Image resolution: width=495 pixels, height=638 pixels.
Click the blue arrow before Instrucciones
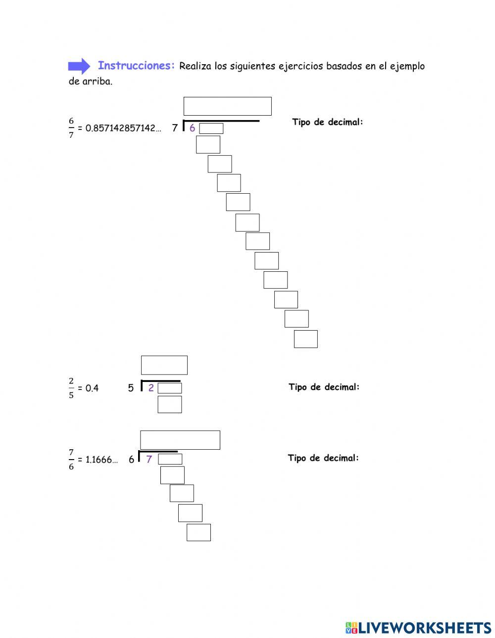pyautogui.click(x=79, y=66)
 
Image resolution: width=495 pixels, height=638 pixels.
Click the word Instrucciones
pyautogui.click(x=137, y=65)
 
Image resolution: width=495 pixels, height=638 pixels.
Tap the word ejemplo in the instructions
pyautogui.click(x=407, y=67)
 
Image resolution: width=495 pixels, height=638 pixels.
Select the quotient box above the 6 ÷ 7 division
pyautogui.click(x=228, y=106)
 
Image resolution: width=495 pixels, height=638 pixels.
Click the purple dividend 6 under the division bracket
pyautogui.click(x=192, y=128)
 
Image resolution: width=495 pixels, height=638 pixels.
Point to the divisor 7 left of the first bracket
pyautogui.click(x=175, y=128)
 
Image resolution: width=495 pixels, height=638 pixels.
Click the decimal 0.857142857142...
pyautogui.click(x=123, y=128)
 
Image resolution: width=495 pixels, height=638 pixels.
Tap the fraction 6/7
pyautogui.click(x=71, y=128)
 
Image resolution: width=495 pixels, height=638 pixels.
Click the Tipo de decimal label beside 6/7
pyautogui.click(x=328, y=122)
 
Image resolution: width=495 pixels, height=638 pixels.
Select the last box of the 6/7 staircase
pyautogui.click(x=306, y=339)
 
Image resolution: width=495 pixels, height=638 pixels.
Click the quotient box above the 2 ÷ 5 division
pyautogui.click(x=164, y=365)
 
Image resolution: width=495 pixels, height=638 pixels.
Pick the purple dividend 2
pyautogui.click(x=151, y=388)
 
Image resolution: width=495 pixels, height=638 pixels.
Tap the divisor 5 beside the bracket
pyautogui.click(x=131, y=388)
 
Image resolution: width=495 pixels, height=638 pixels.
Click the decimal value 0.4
pyautogui.click(x=92, y=388)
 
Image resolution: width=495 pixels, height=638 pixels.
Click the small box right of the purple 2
pyautogui.click(x=170, y=388)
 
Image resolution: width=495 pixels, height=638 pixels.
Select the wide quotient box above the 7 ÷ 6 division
pyautogui.click(x=180, y=440)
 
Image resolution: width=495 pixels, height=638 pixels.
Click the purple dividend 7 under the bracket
pyautogui.click(x=149, y=460)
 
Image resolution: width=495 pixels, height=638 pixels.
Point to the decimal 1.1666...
pyautogui.click(x=101, y=460)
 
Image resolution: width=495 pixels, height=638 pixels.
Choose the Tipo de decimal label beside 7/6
pyautogui.click(x=323, y=458)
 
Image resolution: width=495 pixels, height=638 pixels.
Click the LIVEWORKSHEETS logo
pyautogui.click(x=418, y=620)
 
